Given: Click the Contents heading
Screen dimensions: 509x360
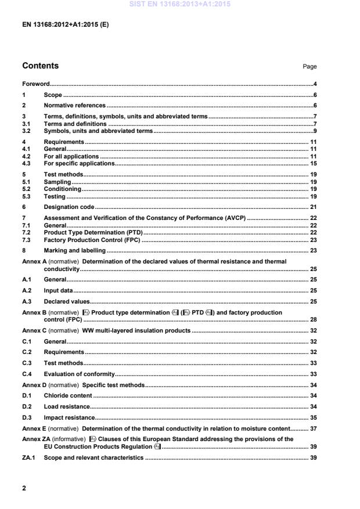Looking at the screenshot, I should [40, 66].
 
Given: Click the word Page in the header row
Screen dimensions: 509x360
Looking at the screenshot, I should [309, 67].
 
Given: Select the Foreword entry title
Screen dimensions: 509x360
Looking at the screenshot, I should [36, 84].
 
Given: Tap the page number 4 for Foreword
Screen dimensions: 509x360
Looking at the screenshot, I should [314, 84].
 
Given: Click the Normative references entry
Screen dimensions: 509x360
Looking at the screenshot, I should [75, 106].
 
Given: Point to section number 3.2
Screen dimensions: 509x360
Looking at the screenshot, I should [26, 131].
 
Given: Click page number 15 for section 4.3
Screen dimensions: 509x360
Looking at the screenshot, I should [312, 164].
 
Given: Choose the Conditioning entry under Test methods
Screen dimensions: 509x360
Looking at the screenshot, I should [63, 189].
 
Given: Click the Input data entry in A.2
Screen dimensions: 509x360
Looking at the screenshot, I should [59, 290].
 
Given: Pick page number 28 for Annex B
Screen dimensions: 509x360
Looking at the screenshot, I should [312, 319].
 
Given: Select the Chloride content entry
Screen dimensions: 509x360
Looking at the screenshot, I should [67, 395].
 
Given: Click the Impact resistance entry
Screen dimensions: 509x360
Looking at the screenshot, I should [69, 417].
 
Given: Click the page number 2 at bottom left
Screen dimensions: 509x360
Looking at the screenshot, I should [24, 488].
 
